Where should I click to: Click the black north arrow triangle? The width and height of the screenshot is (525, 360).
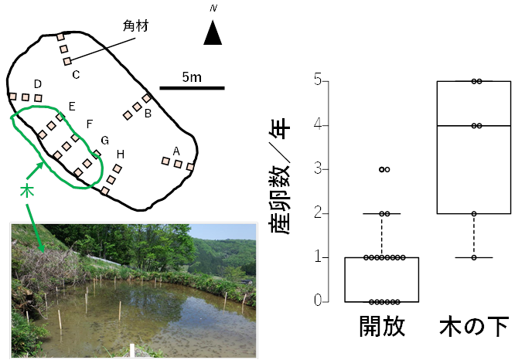(213, 32)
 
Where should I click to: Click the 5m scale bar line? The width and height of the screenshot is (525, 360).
(192, 88)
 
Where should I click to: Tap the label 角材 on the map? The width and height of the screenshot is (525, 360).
(135, 25)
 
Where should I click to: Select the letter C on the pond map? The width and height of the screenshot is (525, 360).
(76, 74)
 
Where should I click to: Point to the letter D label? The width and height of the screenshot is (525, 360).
(38, 84)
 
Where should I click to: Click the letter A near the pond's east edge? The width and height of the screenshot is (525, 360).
(176, 152)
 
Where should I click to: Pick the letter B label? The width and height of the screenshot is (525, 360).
(148, 114)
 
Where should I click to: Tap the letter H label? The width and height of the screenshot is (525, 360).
(121, 155)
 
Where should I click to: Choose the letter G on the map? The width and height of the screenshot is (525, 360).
(105, 140)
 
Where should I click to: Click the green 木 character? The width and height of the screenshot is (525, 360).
(27, 190)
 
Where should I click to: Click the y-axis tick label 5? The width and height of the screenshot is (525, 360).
(318, 80)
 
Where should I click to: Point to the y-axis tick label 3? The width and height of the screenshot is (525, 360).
(318, 169)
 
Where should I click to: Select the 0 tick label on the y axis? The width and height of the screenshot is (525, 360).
(318, 301)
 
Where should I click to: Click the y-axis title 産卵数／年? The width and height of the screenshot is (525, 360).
(279, 176)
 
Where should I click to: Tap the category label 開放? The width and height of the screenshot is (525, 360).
(382, 325)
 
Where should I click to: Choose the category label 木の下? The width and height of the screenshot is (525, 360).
(474, 325)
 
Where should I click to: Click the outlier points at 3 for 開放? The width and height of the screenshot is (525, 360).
(384, 169)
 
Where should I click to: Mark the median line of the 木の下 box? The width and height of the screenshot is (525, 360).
(474, 125)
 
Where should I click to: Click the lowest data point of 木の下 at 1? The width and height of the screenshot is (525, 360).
(474, 257)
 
